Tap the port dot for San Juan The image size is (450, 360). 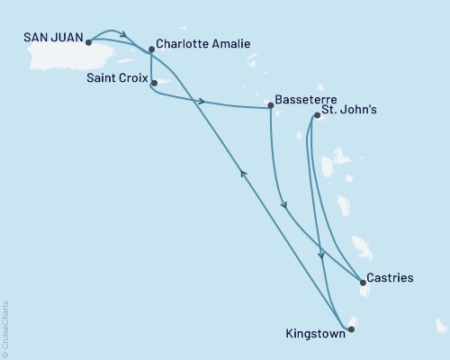pyautogui.click(x=88, y=41)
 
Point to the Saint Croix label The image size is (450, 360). pyautogui.click(x=117, y=78)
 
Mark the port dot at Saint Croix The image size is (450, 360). pyautogui.click(x=155, y=84)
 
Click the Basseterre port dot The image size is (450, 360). pyautogui.click(x=271, y=107)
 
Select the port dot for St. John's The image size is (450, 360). pyautogui.click(x=317, y=115)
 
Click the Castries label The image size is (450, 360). pyautogui.click(x=390, y=277)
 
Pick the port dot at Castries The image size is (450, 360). pyautogui.click(x=363, y=283)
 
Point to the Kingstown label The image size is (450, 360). pyautogui.click(x=311, y=331)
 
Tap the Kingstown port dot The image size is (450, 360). pyautogui.click(x=351, y=329)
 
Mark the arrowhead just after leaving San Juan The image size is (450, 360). pyautogui.click(x=125, y=38)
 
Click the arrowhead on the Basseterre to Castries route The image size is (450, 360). pyautogui.click(x=284, y=206)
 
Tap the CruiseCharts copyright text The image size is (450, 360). pyautogui.click(x=6, y=328)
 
